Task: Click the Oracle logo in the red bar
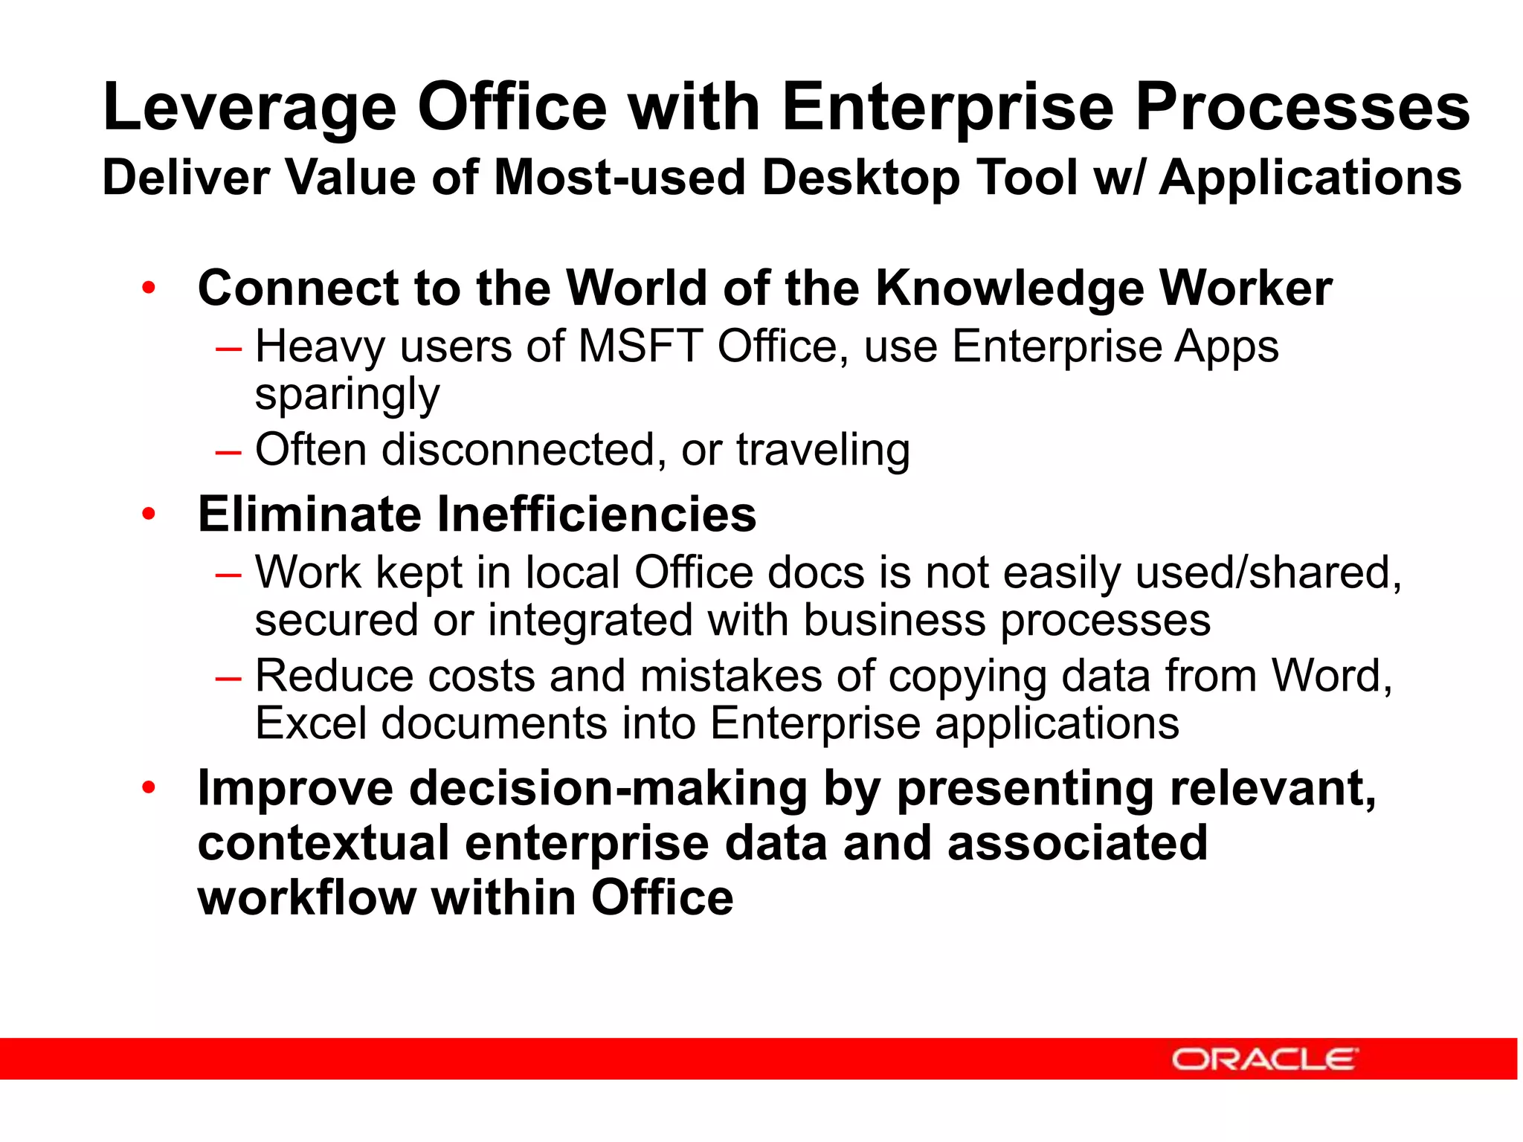(1265, 1059)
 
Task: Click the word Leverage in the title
(250, 109)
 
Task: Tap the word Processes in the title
(1302, 109)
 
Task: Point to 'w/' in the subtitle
(1118, 178)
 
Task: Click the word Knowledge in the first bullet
(1010, 288)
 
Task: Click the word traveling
(822, 450)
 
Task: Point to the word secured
(336, 621)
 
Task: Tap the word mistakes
(730, 676)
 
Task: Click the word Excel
(311, 723)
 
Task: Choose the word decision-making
(608, 789)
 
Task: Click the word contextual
(323, 843)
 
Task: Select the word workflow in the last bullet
(306, 898)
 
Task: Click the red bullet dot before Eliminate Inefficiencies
(149, 514)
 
